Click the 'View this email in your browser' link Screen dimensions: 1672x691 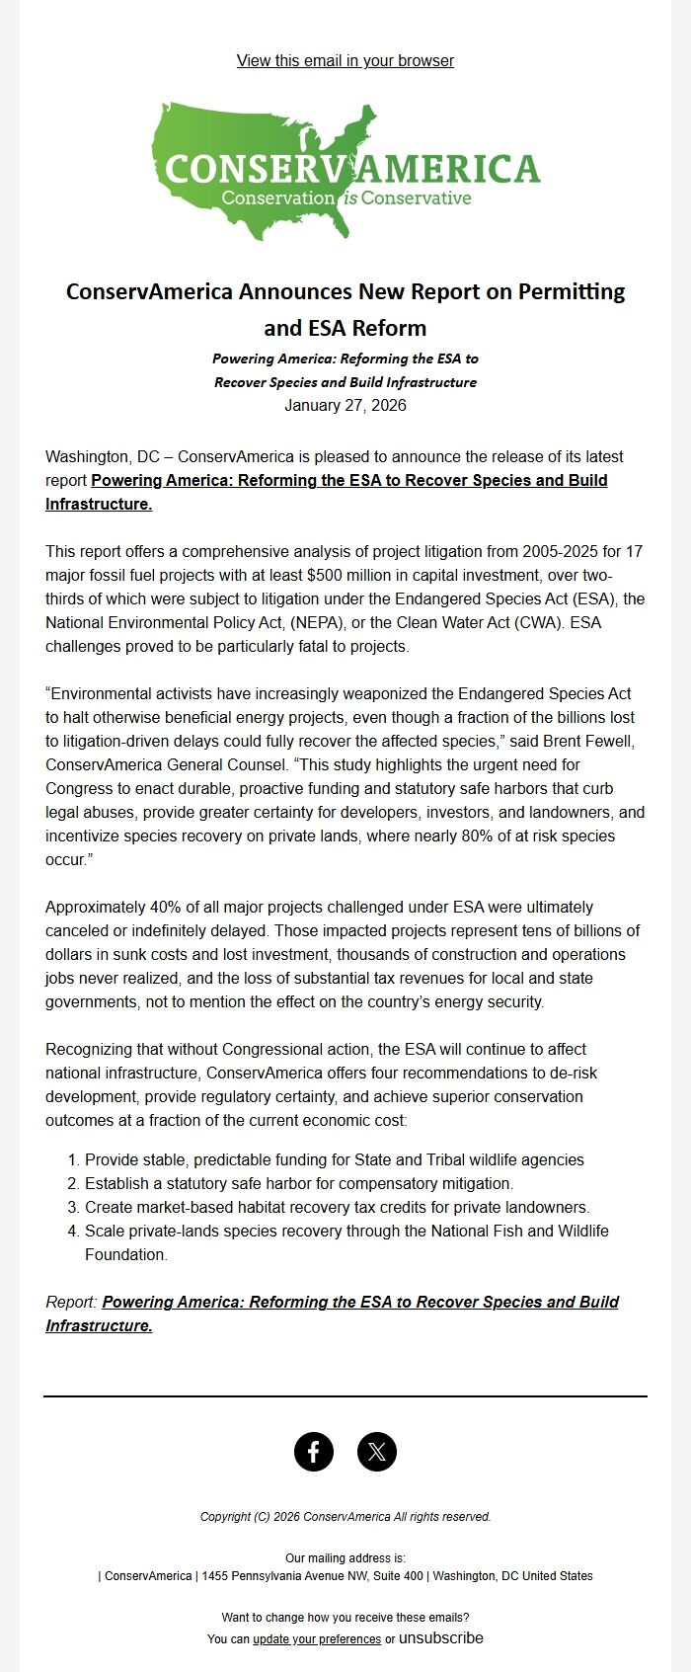coord(345,61)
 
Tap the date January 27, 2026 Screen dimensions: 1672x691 coord(345,406)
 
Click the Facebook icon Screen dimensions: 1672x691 coord(314,1452)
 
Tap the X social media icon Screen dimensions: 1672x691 coord(377,1452)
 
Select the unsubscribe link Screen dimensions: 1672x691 coord(441,1638)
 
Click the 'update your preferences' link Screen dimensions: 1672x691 coord(317,1639)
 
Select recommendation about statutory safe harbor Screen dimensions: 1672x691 coord(299,1183)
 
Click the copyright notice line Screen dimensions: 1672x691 coord(345,1517)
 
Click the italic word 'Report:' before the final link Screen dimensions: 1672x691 coord(71,1302)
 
